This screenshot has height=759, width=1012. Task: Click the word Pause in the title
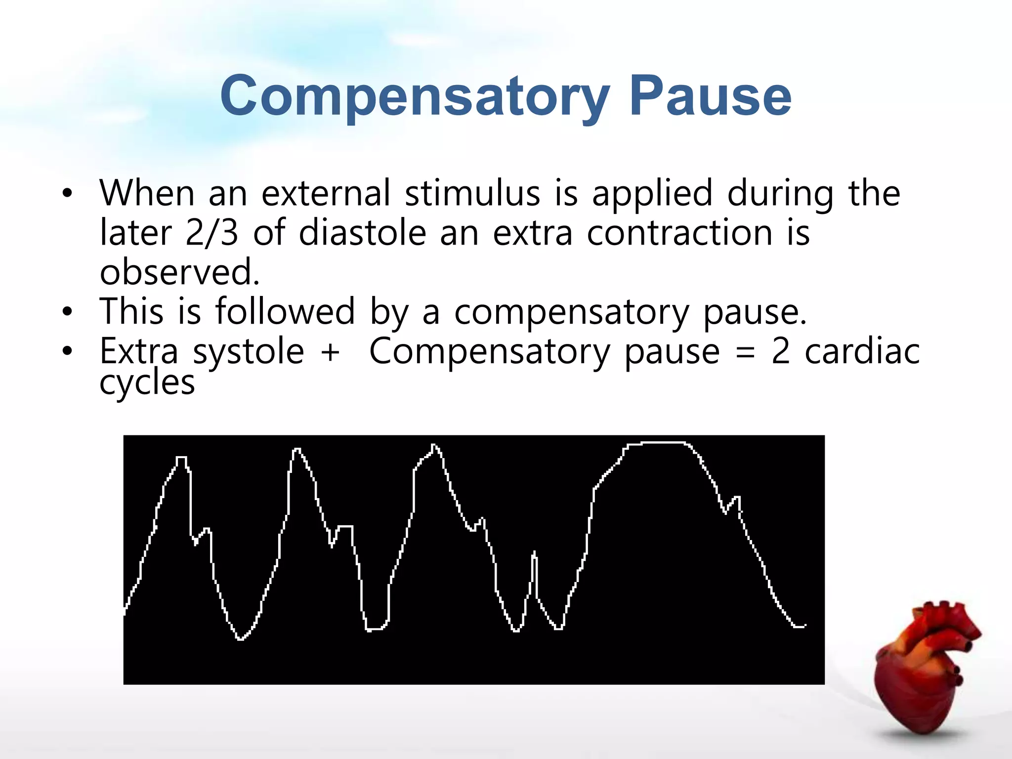(710, 96)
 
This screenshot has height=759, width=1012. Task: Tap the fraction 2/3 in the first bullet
(211, 233)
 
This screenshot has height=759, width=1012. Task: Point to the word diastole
(362, 233)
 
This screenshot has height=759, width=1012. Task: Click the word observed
(179, 272)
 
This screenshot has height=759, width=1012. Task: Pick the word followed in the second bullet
(285, 312)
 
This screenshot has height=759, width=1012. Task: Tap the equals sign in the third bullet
(745, 353)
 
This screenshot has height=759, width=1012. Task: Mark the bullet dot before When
(67, 194)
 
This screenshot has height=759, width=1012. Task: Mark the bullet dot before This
(67, 312)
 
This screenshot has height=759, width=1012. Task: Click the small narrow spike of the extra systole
(534, 558)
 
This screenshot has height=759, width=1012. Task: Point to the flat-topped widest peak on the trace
(657, 443)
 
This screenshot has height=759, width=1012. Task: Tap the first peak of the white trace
(181, 459)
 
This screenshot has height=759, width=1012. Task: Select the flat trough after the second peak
(377, 629)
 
